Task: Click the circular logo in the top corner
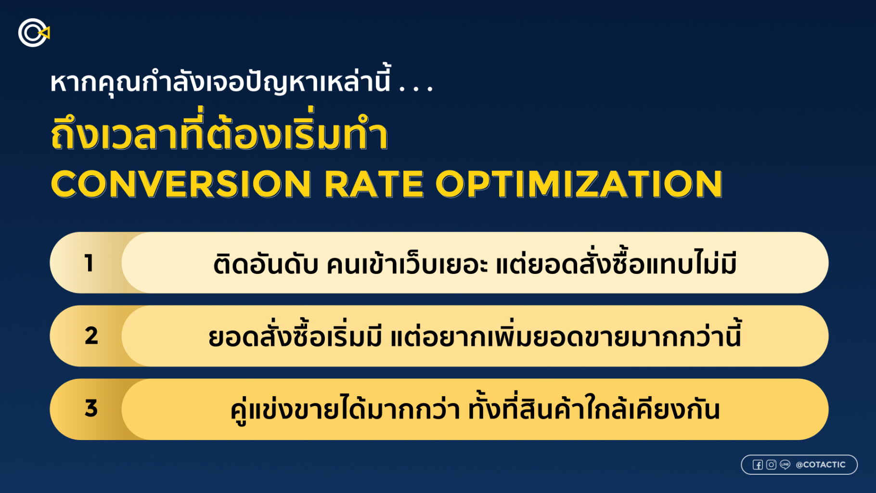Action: coord(34,33)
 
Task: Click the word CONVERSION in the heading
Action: coord(181,184)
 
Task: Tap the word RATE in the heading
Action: coord(374,184)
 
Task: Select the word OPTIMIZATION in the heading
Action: coord(579,184)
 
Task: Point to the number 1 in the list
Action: coord(89,263)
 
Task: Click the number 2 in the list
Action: coord(91,336)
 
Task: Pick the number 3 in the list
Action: coord(91,408)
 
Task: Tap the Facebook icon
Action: coord(758,465)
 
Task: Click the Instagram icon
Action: coord(771,465)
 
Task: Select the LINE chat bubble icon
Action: coord(785,465)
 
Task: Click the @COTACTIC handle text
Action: coord(821,465)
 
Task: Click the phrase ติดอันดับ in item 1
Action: coord(266,264)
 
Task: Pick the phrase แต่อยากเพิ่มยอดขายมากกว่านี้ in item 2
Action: coord(566,335)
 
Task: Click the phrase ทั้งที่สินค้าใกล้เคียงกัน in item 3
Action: coord(594,408)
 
